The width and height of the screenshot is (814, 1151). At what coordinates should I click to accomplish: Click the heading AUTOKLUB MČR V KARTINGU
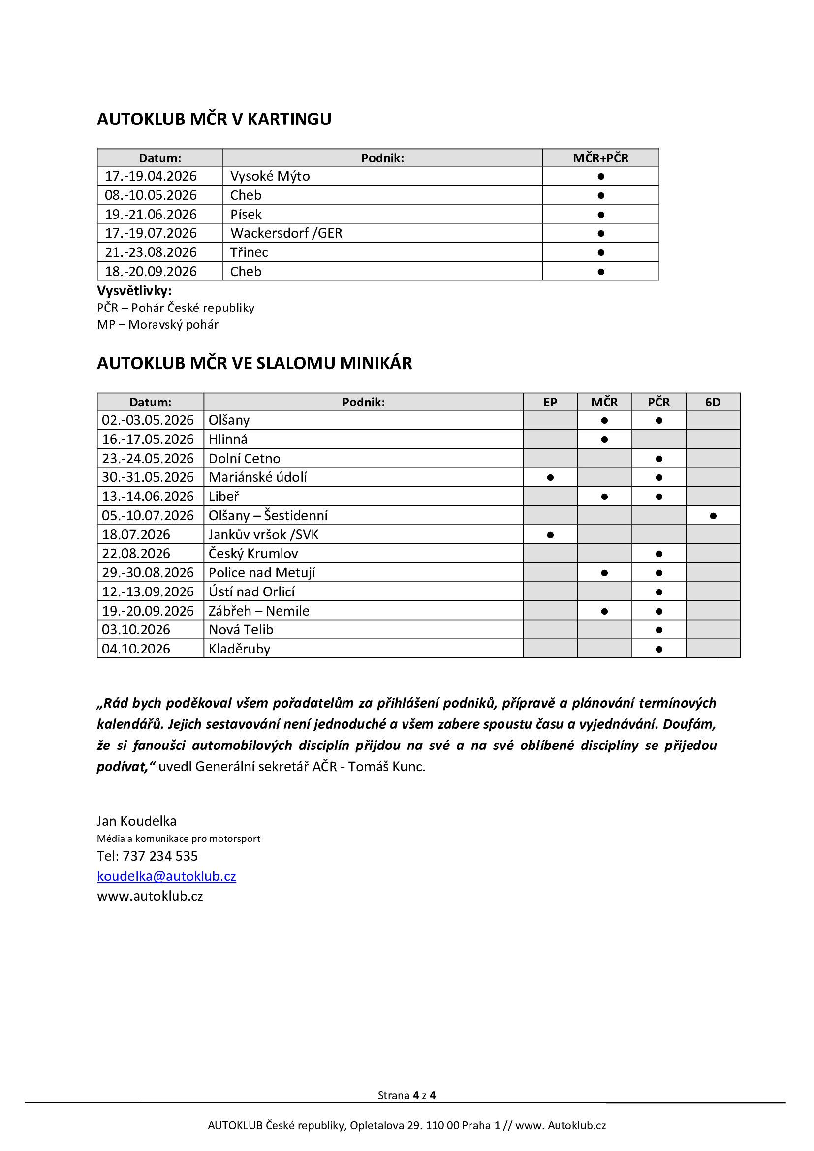pyautogui.click(x=214, y=119)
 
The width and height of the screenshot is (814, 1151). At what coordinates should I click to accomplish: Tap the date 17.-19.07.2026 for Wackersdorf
pyautogui.click(x=151, y=233)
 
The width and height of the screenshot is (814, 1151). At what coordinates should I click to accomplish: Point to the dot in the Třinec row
pyautogui.click(x=601, y=252)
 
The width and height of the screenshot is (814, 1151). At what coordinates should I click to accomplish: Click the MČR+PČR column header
pyautogui.click(x=600, y=158)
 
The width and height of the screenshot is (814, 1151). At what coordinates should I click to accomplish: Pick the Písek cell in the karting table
pyautogui.click(x=246, y=214)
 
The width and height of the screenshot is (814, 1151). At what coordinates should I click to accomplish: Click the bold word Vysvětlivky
pyautogui.click(x=134, y=291)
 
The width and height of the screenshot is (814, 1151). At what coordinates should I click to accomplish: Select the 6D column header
pyautogui.click(x=712, y=402)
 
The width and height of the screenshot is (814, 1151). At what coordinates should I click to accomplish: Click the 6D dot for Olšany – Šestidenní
pyautogui.click(x=713, y=516)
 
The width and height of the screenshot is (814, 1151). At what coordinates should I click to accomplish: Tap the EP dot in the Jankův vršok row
pyautogui.click(x=550, y=535)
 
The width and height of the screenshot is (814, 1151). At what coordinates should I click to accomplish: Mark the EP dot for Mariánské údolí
pyautogui.click(x=550, y=478)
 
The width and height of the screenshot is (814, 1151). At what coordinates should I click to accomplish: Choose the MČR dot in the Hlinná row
pyautogui.click(x=604, y=439)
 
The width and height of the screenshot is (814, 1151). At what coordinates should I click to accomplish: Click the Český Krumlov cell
pyautogui.click(x=253, y=554)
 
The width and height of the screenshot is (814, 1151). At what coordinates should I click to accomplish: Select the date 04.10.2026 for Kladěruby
pyautogui.click(x=136, y=649)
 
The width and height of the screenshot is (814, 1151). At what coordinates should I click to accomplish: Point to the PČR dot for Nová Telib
pyautogui.click(x=658, y=630)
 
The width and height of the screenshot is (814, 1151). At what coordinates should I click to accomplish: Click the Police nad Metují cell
pyautogui.click(x=262, y=572)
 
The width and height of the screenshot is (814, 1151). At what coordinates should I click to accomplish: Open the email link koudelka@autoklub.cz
pyautogui.click(x=166, y=876)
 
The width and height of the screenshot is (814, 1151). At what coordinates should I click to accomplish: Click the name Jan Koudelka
pyautogui.click(x=136, y=821)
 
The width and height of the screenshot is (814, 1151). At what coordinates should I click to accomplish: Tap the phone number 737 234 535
pyautogui.click(x=160, y=856)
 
